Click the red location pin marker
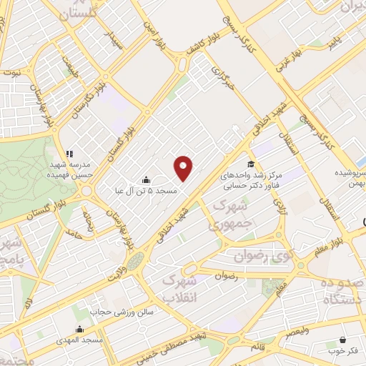point(184,167)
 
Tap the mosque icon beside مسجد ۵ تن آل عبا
point(147,179)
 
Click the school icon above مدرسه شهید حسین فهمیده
point(69,153)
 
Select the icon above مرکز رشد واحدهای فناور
point(250,164)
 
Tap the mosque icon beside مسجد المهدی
point(79,330)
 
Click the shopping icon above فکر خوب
point(343,340)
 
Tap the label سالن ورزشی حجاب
point(117,312)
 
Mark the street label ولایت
point(119,271)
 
